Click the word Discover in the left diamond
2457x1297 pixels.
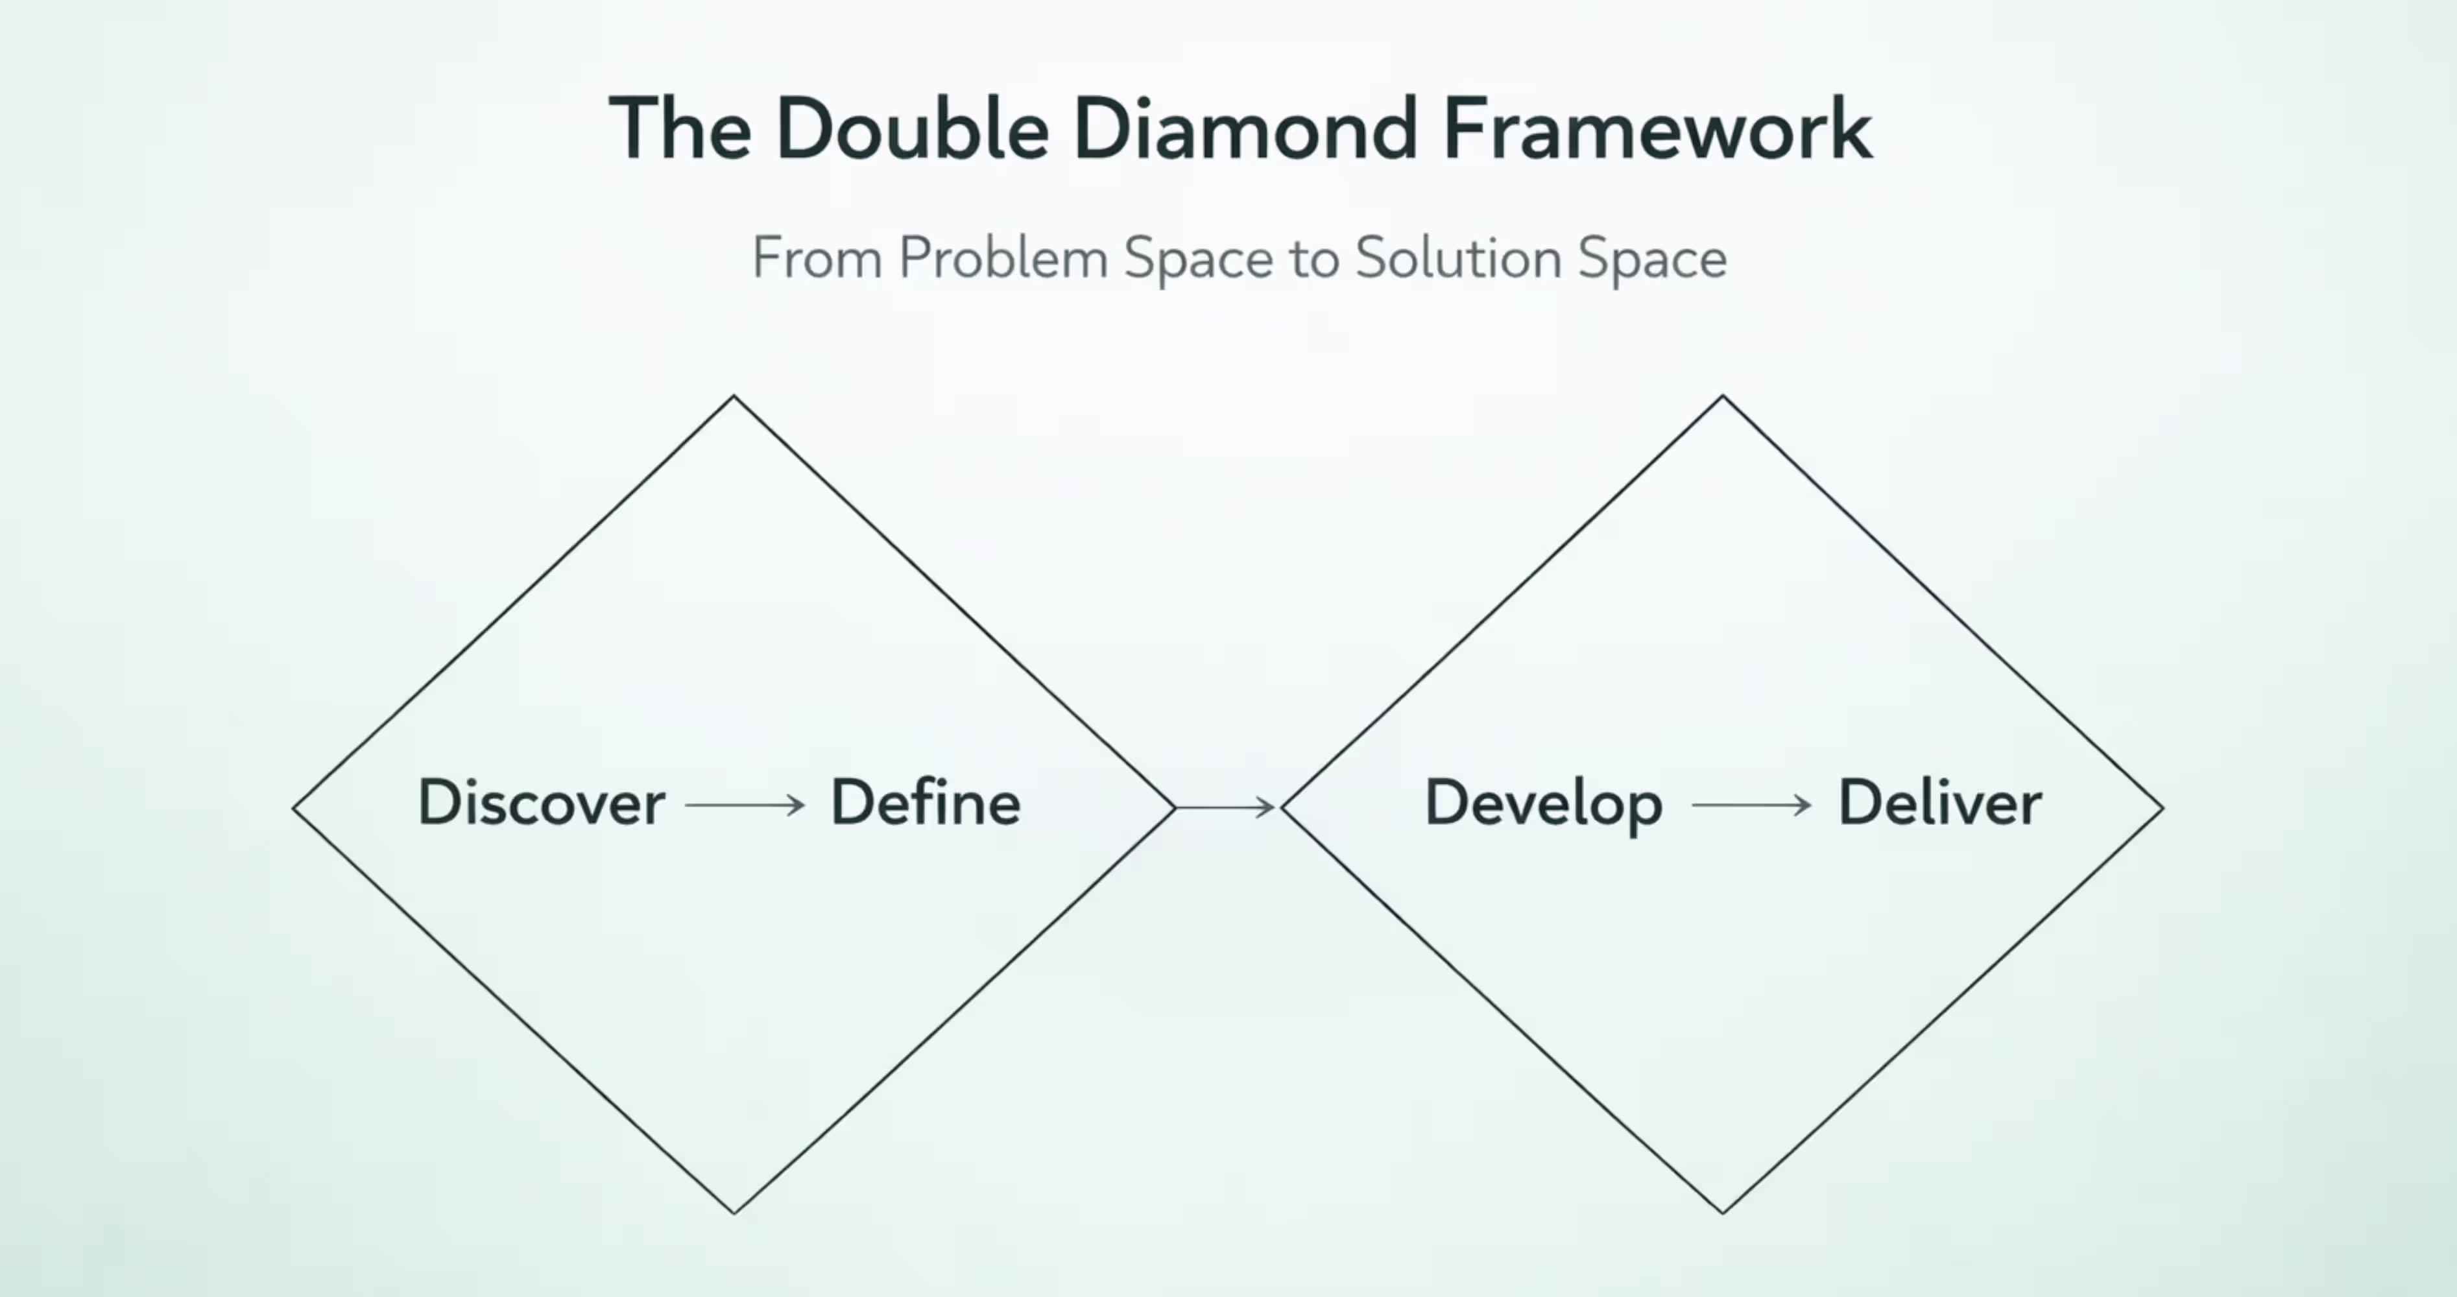click(x=541, y=803)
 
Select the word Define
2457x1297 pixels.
click(x=925, y=803)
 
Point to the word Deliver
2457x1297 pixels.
click(x=1939, y=803)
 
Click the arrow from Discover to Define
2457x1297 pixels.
click(x=745, y=806)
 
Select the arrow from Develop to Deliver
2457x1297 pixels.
click(x=1751, y=806)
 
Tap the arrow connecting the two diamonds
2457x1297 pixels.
click(x=1226, y=808)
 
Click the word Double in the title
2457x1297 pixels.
click(x=913, y=129)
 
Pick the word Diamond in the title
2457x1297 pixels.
click(x=1245, y=129)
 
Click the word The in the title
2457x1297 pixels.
click(x=680, y=129)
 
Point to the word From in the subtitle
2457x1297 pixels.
click(x=817, y=257)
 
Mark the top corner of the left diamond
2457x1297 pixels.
click(x=734, y=397)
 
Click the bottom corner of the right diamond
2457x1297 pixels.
click(x=1723, y=1212)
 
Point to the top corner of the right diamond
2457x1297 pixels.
click(x=1723, y=397)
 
